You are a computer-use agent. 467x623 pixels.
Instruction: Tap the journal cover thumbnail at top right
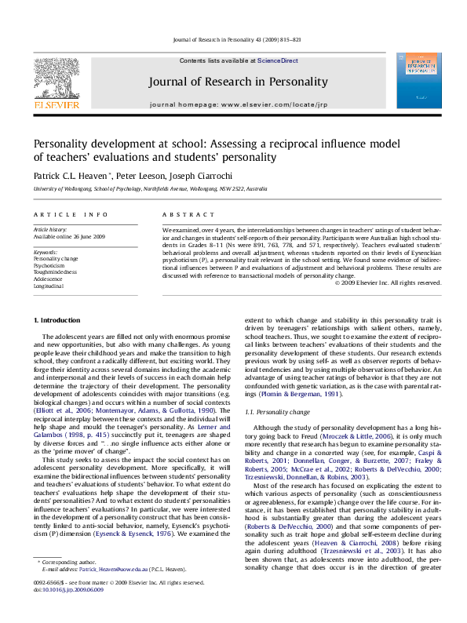click(x=414, y=79)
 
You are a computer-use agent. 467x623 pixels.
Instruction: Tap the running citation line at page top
click(x=233, y=41)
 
